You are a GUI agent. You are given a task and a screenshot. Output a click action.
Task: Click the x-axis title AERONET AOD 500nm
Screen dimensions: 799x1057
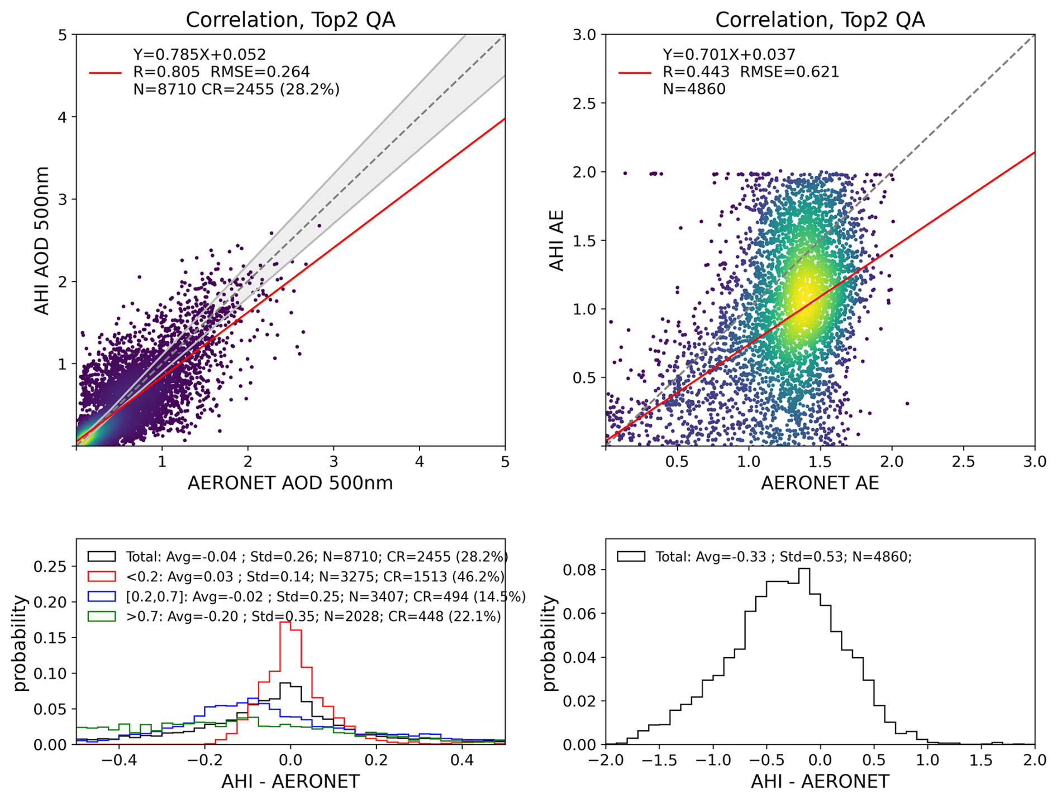290,483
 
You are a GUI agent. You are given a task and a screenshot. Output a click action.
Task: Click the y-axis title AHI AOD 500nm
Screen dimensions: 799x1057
42,240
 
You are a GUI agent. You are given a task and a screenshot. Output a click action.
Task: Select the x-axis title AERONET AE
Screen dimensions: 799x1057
820,483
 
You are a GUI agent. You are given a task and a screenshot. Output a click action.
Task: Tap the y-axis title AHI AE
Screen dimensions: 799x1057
557,240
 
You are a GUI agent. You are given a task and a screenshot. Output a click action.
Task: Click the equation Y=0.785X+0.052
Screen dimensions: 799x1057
199,55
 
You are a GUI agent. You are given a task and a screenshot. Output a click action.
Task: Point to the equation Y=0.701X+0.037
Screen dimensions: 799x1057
729,55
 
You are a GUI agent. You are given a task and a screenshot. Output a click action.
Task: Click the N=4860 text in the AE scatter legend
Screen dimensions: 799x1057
694,89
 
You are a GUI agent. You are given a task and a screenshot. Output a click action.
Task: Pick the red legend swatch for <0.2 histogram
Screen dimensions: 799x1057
102,576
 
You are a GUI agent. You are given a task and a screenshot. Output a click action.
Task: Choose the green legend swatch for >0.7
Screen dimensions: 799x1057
102,616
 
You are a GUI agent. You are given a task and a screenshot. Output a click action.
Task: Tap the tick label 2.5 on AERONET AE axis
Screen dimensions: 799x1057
963,462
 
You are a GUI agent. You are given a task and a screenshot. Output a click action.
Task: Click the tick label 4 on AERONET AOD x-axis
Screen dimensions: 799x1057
419,462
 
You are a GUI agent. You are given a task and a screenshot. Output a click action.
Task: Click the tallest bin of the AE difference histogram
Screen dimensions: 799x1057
803,570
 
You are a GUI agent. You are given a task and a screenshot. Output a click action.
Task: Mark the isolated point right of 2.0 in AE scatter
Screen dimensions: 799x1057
907,403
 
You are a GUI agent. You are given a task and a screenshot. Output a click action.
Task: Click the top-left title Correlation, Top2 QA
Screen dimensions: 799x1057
290,20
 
